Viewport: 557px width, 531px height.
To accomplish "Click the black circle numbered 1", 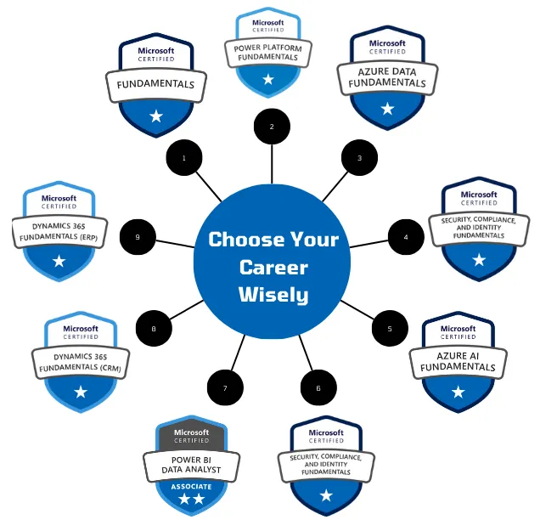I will tap(184, 158).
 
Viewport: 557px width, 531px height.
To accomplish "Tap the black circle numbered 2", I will tap(272, 127).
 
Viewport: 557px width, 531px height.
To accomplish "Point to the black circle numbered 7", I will tap(225, 388).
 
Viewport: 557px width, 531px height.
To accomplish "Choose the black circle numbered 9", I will tap(138, 237).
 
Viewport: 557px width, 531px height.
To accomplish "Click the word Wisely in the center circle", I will tap(273, 296).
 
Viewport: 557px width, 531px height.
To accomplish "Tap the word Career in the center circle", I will tap(273, 268).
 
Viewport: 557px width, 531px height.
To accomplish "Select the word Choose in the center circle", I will tap(239, 240).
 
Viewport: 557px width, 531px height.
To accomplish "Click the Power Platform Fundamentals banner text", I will tap(268, 53).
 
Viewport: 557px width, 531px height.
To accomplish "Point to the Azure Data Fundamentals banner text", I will tap(387, 77).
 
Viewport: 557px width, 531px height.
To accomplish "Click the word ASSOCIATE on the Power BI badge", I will tap(191, 487).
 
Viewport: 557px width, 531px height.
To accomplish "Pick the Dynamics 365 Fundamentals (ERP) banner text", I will tap(59, 231).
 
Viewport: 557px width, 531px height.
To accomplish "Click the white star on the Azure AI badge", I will tap(459, 392).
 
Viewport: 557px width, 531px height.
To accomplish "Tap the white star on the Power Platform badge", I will tap(268, 79).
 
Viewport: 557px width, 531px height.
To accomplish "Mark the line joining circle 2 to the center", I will tap(272, 163).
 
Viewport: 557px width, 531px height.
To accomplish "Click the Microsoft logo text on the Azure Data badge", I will tap(387, 43).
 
